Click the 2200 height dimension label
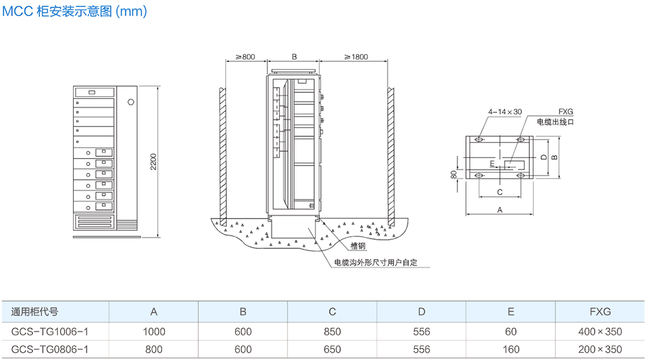tap(153, 162)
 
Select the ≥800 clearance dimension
tap(245, 57)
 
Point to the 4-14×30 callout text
tap(505, 112)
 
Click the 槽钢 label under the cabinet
tap(359, 246)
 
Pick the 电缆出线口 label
tap(556, 122)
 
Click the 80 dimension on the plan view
tap(453, 175)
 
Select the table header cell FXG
tap(600, 312)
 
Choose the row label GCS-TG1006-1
tap(50, 332)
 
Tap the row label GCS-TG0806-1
tap(50, 349)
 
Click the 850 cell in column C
tap(332, 332)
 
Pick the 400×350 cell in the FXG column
tap(600, 332)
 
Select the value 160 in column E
tap(511, 349)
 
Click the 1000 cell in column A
tap(154, 332)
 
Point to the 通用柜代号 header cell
tap(35, 312)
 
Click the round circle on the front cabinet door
tap(131, 101)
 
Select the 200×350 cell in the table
tap(600, 349)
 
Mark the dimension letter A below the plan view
tap(499, 210)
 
